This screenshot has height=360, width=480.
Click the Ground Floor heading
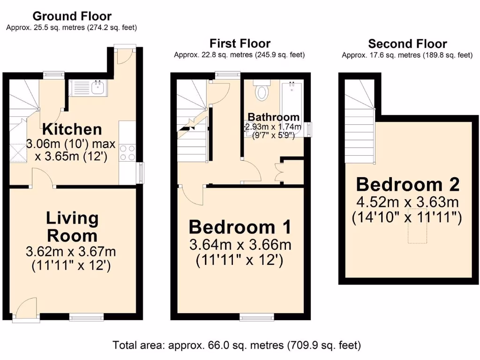point(72,16)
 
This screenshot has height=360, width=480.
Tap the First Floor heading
point(240,44)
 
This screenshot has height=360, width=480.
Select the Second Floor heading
point(407,44)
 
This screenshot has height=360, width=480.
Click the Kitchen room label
point(72,129)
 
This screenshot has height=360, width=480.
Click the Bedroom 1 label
point(240,227)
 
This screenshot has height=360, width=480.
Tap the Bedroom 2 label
point(407,184)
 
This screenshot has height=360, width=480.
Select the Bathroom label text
point(273,117)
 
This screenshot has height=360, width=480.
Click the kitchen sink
point(98,87)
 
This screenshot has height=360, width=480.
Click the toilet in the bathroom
point(261,90)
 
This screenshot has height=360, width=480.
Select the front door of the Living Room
point(26,309)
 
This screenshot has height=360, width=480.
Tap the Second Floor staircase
point(360,122)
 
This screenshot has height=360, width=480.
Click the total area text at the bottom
point(237,345)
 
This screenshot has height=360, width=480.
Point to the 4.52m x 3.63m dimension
point(407,202)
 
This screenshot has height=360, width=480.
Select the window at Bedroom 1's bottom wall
point(253,318)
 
